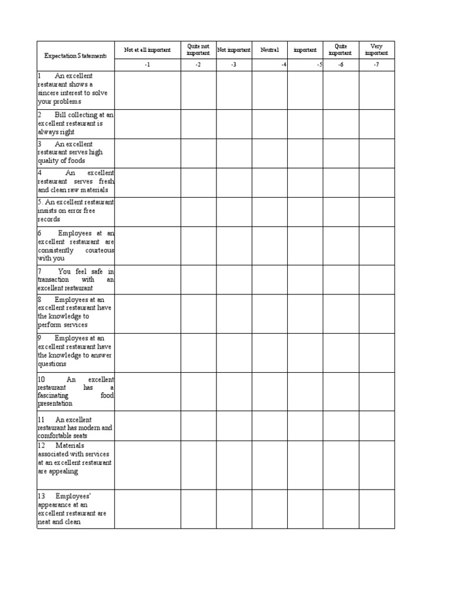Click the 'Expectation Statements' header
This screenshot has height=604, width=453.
75,56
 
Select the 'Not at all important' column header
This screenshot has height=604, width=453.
147,50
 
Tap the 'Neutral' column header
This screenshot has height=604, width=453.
270,50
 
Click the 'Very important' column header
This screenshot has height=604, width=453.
376,50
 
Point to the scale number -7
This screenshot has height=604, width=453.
376,64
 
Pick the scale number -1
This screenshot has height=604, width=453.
147,64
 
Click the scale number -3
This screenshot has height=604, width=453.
234,64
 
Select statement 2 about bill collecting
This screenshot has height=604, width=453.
75,124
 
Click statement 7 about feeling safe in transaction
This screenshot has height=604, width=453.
75,280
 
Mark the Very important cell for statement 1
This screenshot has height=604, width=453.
376,88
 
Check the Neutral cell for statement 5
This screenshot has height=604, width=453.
270,211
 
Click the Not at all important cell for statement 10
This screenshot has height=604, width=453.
147,392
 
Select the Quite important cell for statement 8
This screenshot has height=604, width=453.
340,314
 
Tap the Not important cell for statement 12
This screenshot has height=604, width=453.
234,465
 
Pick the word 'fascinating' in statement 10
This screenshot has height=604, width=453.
52,396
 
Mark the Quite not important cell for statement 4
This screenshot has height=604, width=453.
198,182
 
